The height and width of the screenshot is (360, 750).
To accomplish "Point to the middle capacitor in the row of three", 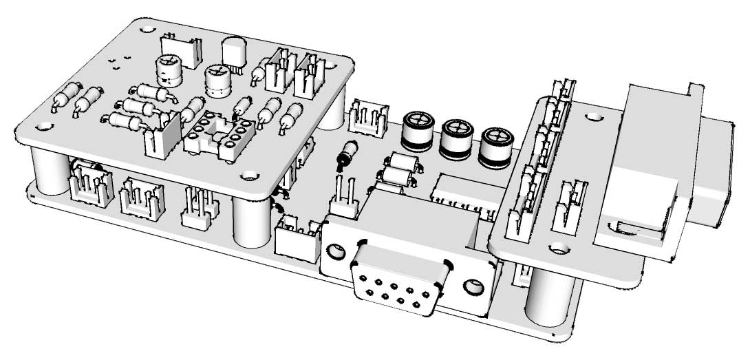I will [x=456, y=138].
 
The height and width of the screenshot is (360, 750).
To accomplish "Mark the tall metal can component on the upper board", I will [x=235, y=53].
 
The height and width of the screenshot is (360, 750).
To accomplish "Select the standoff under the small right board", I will [x=550, y=297].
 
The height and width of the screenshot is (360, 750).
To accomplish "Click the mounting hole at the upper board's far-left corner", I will [x=45, y=126].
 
